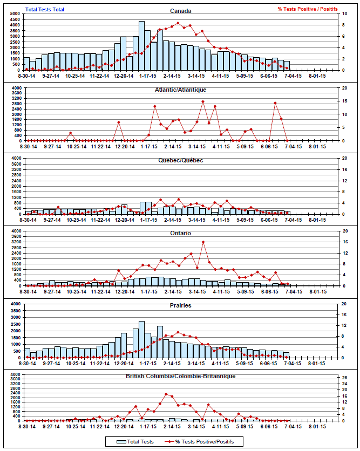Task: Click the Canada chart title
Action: pyautogui.click(x=180, y=11)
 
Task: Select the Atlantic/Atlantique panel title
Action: pyautogui.click(x=180, y=90)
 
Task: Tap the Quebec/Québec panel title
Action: pyautogui.click(x=180, y=160)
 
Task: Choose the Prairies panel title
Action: pyautogui.click(x=180, y=305)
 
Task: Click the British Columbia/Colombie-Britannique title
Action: pyautogui.click(x=180, y=376)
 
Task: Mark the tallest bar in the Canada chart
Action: pyautogui.click(x=141, y=46)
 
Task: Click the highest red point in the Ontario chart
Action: pyautogui.click(x=203, y=242)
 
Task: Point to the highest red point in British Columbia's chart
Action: pyautogui.click(x=166, y=394)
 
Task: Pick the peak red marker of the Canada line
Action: pyautogui.click(x=178, y=23)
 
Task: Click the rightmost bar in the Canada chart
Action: pyautogui.click(x=287, y=66)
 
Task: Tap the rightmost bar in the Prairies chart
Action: pyautogui.click(x=287, y=355)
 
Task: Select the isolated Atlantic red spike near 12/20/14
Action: pyautogui.click(x=118, y=123)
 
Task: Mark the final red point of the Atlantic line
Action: pyautogui.click(x=287, y=141)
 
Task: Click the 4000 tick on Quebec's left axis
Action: pyautogui.click(x=17, y=159)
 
